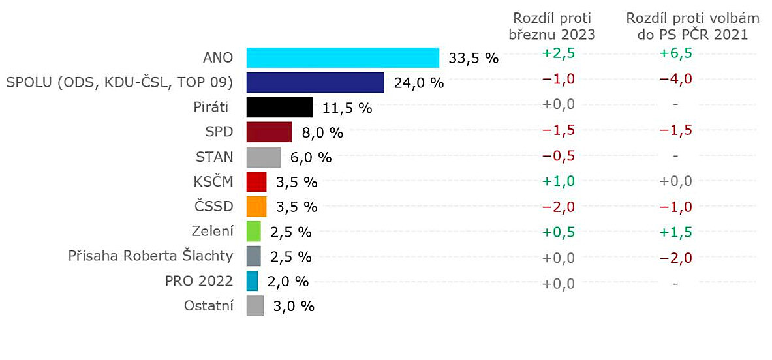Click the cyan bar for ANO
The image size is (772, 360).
pos(343,57)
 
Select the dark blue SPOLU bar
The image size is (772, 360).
pos(315,83)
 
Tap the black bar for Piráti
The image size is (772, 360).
pos(279,108)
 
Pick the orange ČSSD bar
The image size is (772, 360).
pos(256,207)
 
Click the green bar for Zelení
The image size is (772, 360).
pos(253,232)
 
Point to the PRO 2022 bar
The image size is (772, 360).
pos(252,281)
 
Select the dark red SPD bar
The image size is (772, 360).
pos(269,132)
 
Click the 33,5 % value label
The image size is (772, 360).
pos(473,59)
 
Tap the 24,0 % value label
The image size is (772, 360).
pos(418,83)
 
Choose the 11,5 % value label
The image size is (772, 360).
pos(347,108)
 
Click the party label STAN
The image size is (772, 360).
pos(214,157)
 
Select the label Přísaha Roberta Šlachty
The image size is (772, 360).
pos(151,256)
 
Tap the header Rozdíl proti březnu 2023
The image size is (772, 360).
pos(552,26)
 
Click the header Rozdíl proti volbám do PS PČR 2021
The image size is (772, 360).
pos(692,26)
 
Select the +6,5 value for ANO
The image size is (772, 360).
pos(676,53)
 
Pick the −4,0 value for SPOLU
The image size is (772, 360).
pos(676,79)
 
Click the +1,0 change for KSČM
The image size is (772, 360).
pos(559,181)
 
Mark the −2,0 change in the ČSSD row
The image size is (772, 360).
pos(559,206)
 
